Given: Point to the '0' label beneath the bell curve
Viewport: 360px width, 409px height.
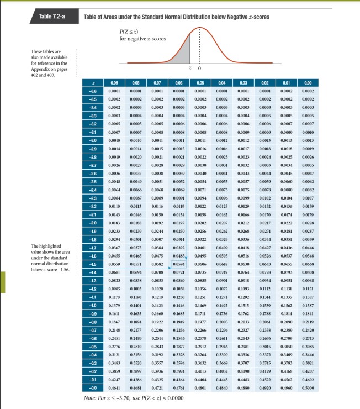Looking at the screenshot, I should pos(199,68).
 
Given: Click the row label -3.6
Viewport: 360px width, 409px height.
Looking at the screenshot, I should pos(93,90).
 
